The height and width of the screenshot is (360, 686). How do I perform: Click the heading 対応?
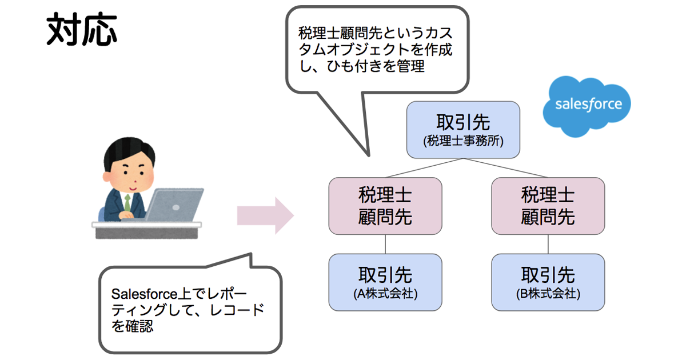[x=82, y=29]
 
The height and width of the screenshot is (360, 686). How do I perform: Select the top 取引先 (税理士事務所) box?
[x=463, y=130]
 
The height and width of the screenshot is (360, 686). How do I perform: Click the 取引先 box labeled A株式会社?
[x=385, y=282]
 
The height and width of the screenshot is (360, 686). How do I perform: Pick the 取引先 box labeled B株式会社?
[x=548, y=282]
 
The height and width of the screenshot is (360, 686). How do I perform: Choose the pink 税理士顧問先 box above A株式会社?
[x=385, y=206]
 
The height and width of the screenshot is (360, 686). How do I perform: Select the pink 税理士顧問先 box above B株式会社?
[x=548, y=206]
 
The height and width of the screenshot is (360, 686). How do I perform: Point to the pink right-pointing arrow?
[x=265, y=216]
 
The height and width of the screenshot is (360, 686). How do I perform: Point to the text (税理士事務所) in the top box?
[x=463, y=141]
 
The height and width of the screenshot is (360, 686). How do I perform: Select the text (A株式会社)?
[x=385, y=294]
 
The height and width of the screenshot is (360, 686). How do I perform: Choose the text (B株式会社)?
[x=548, y=294]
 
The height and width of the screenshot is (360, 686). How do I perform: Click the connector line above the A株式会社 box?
[x=385, y=244]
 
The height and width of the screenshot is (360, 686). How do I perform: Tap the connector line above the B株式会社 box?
[x=548, y=244]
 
